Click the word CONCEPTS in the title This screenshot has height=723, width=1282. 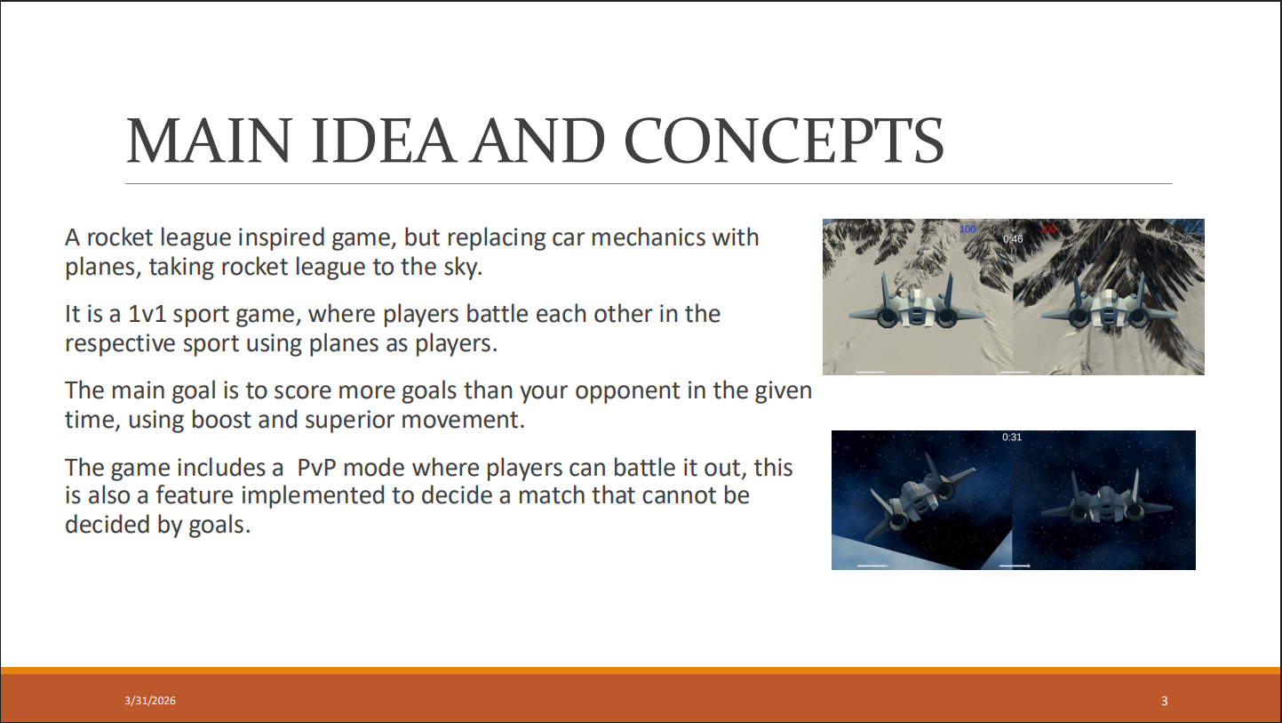point(784,141)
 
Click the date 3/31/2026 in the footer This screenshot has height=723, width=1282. point(150,701)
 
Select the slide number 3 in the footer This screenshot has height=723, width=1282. point(1164,701)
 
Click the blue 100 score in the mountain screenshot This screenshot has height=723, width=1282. point(967,229)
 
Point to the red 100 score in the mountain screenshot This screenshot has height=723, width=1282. point(1048,229)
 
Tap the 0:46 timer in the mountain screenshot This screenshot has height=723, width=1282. point(1013,239)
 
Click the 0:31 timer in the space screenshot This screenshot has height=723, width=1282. point(1012,437)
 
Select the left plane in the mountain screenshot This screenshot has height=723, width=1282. point(916,303)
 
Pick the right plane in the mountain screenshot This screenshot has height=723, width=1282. point(1109,303)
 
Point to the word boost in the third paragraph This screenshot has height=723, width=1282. point(221,420)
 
